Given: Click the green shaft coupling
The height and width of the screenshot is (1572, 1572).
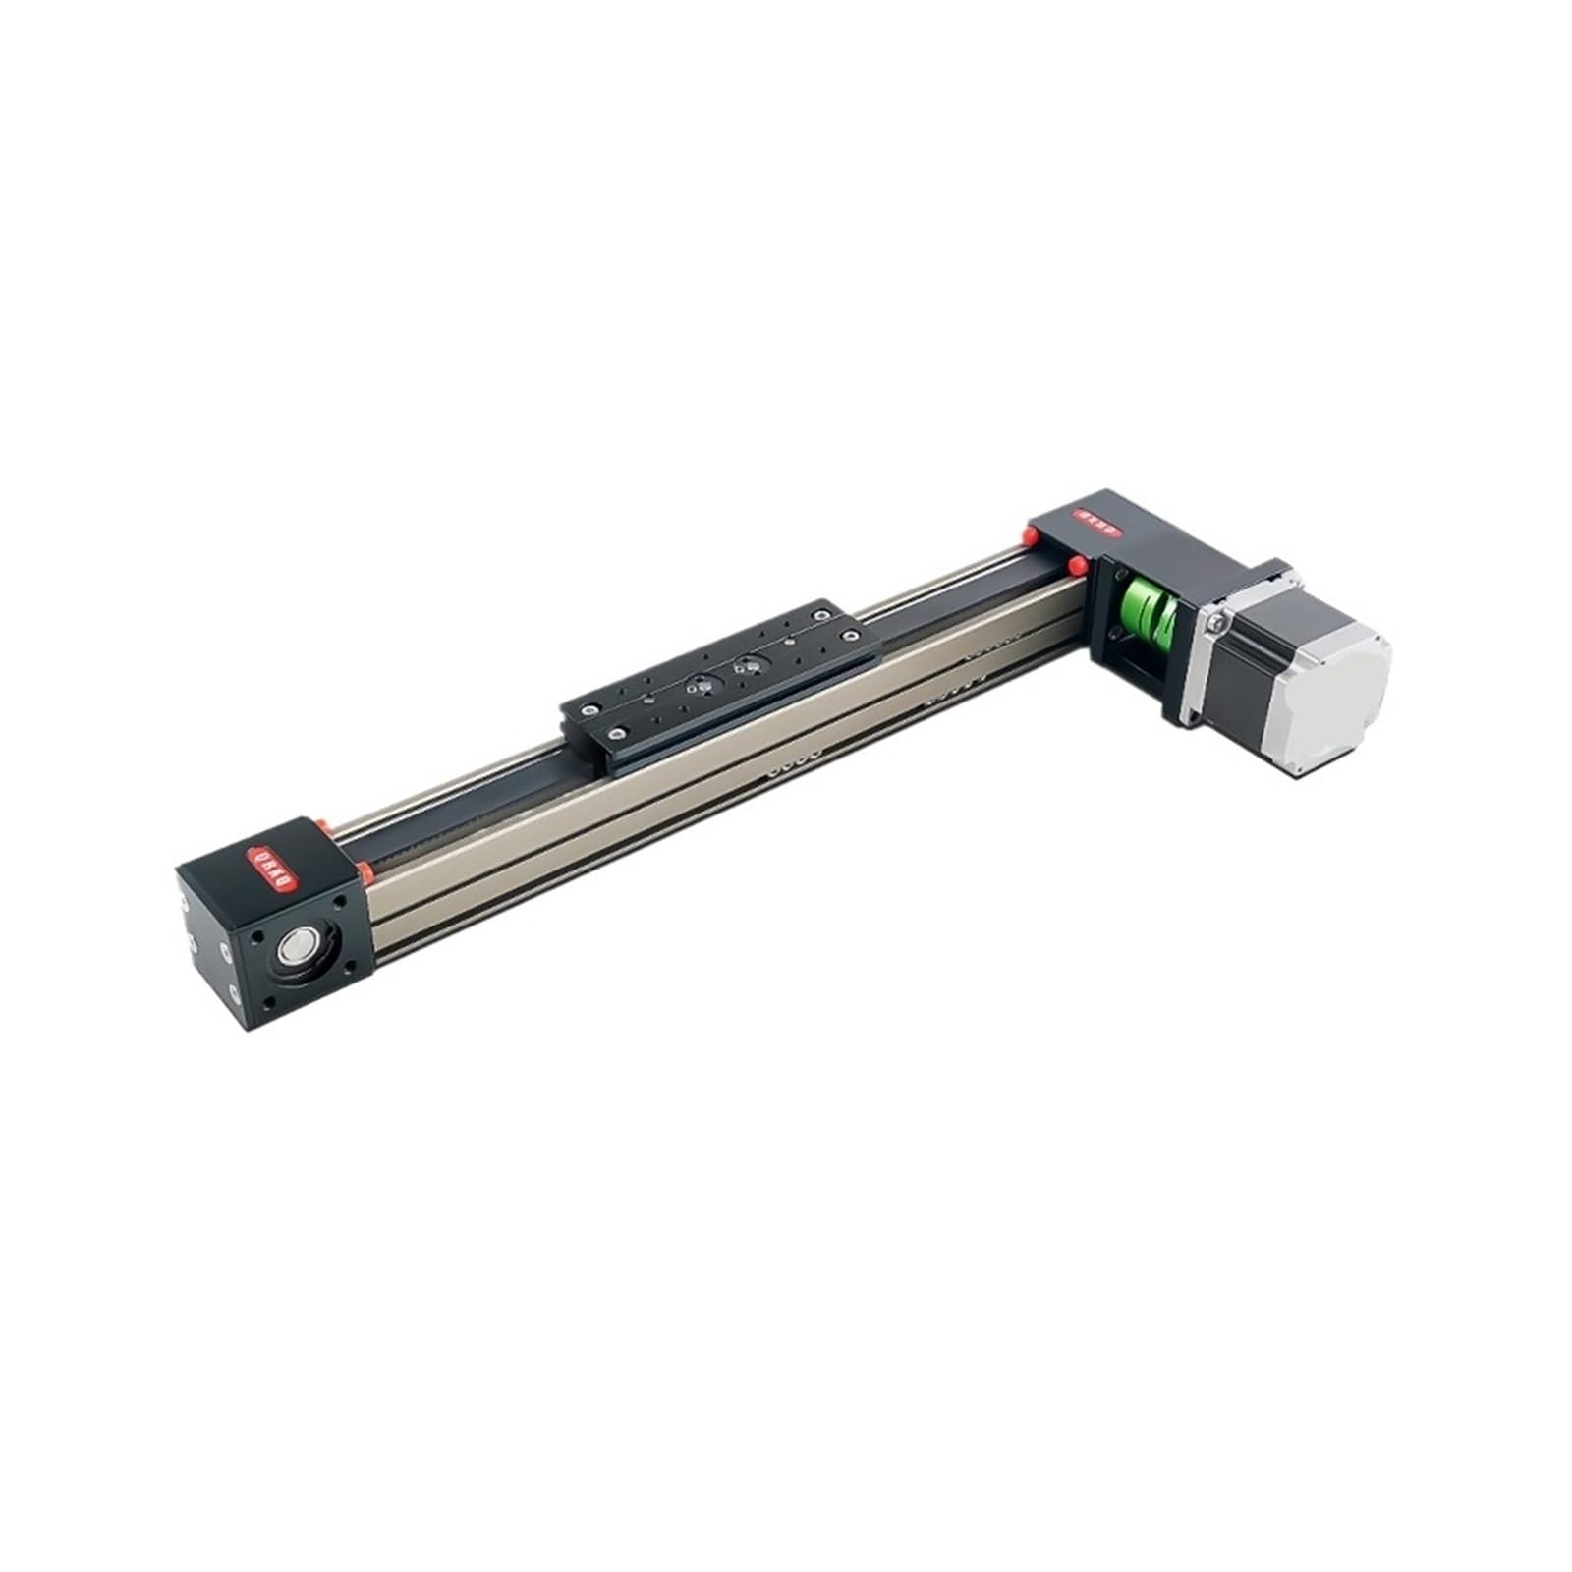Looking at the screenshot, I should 1147,609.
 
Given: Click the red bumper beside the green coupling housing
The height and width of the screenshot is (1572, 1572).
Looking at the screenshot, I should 1077,566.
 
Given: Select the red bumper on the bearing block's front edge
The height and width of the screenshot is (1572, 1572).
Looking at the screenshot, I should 365,870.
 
